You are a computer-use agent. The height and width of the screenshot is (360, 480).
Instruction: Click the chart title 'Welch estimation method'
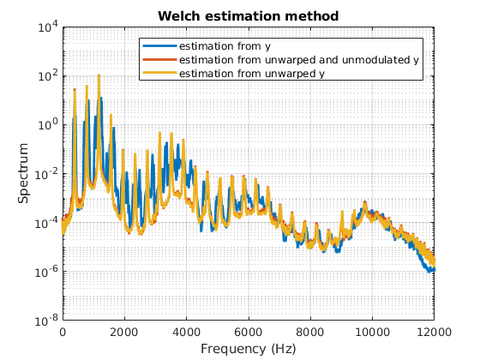(248, 15)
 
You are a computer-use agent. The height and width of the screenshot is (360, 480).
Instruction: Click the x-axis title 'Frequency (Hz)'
(248, 349)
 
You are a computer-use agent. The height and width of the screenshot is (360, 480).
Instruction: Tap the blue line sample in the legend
(159, 45)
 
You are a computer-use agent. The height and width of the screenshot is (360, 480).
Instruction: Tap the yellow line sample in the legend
(159, 74)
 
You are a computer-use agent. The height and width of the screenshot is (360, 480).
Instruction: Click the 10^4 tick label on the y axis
(47, 27)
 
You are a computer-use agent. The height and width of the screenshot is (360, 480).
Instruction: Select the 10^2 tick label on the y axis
(47, 75)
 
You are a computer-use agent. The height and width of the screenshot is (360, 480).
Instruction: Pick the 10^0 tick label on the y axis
(47, 124)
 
